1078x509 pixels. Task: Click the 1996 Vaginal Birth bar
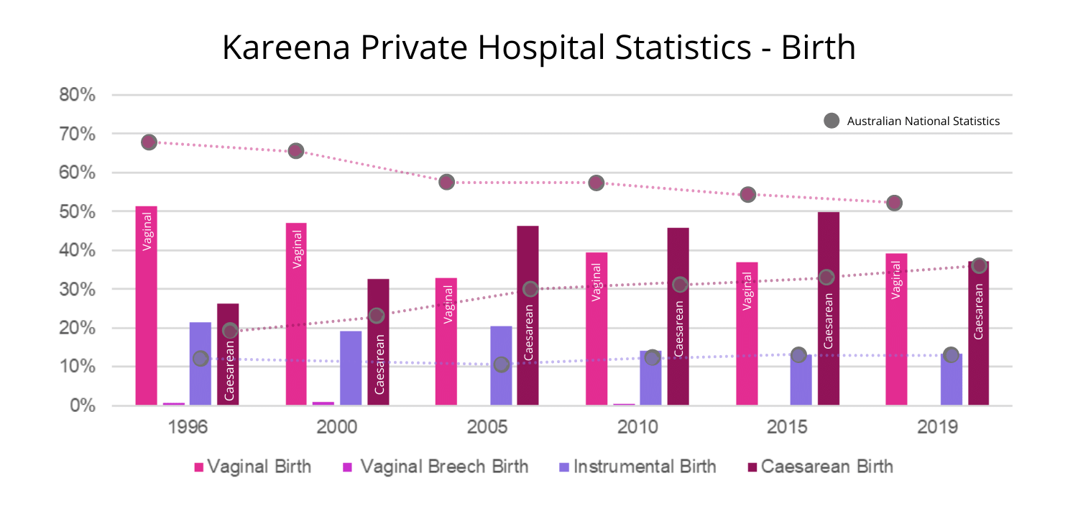(146, 306)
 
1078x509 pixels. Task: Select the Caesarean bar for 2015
(828, 308)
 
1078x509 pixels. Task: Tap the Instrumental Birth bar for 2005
(501, 366)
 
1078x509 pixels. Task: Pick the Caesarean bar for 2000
(378, 342)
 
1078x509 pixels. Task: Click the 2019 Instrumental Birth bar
(951, 380)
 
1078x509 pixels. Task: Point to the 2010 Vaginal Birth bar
(596, 329)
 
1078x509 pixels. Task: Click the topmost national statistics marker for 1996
(149, 142)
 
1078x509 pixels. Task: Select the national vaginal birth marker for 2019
(894, 203)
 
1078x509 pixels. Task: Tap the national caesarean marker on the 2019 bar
(978, 265)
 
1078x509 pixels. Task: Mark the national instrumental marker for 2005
(502, 364)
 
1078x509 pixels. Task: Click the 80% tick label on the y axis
(78, 95)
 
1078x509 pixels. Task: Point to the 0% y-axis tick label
(82, 405)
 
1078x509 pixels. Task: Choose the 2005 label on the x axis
(487, 427)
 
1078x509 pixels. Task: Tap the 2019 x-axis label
(937, 427)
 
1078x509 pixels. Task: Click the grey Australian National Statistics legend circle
(831, 121)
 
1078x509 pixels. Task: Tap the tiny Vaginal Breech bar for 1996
(173, 403)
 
